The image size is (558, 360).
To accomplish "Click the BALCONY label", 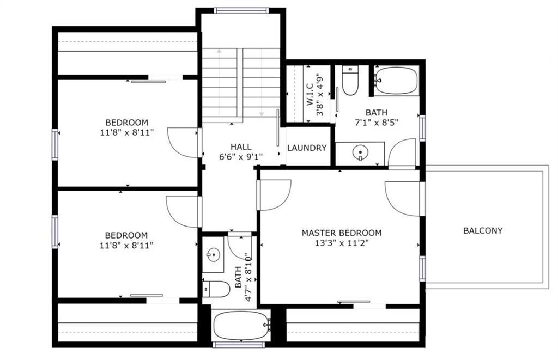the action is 483,230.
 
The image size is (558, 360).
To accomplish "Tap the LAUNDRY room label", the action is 307,148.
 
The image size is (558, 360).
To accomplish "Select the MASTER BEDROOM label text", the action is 342,233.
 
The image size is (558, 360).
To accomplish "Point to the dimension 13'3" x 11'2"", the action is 342,243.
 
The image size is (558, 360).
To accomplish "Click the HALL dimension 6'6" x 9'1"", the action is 241,156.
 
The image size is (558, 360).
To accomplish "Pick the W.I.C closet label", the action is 310,95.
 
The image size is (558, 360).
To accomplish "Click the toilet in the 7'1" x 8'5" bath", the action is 350,81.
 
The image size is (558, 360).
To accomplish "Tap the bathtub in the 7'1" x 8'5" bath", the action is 396,81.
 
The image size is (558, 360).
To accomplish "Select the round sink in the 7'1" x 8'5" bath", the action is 360,153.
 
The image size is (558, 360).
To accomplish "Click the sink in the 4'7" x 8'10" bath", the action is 213,255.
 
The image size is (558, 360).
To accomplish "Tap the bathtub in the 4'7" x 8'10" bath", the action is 241,325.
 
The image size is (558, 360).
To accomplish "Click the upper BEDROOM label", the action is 126,123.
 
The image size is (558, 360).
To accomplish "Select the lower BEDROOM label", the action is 126,235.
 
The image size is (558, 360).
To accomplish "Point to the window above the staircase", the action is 241,11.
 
